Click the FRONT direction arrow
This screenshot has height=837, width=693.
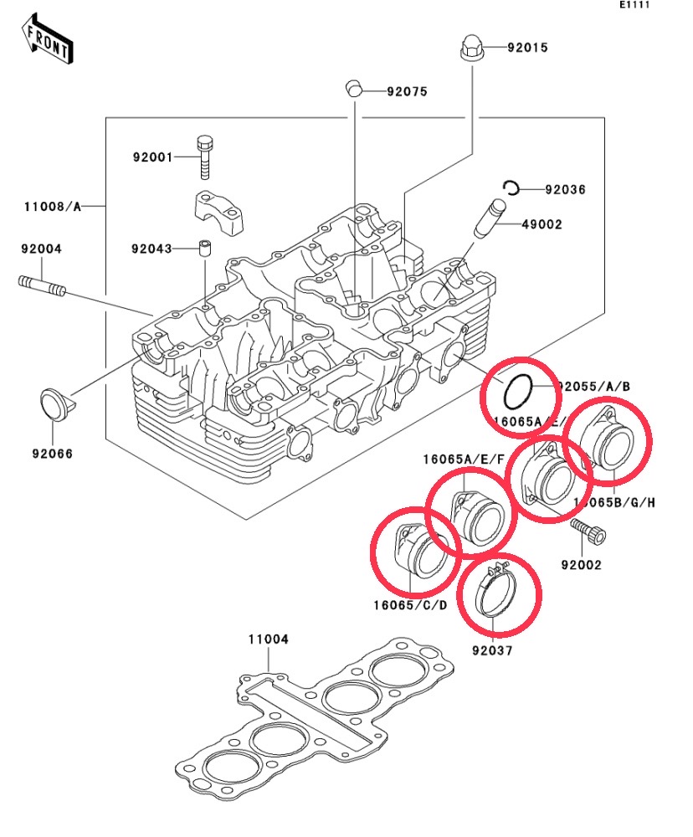[47, 40]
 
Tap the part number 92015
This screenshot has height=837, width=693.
[527, 48]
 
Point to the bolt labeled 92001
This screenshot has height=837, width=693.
[205, 157]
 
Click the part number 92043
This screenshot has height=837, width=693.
[151, 249]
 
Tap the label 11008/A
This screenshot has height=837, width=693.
[53, 206]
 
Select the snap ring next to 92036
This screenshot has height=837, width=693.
[511, 188]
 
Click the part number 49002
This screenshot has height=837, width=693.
[542, 224]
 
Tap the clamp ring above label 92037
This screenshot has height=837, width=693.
[500, 595]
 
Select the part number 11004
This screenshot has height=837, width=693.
[268, 639]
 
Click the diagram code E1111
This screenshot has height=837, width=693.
[635, 5]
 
